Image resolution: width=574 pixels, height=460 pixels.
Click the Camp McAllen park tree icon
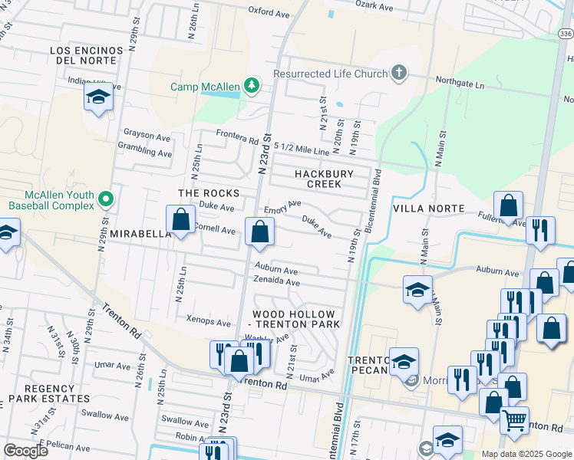251,86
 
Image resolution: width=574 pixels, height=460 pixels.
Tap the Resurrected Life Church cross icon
398,74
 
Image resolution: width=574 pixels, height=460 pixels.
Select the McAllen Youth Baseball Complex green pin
106,200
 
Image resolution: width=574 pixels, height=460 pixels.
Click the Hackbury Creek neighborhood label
325,179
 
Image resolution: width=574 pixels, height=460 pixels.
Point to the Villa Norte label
428,209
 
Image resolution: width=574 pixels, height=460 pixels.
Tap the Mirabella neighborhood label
140,233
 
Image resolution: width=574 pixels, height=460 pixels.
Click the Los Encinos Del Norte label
86,56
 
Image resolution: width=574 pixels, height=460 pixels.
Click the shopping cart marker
514,419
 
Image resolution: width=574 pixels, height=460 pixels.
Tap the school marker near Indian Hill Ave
98,97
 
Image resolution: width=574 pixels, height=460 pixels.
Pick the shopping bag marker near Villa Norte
508,205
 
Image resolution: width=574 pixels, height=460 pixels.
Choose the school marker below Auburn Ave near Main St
417,291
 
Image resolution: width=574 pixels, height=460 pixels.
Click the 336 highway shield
565,34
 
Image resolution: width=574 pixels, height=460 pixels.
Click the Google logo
25,451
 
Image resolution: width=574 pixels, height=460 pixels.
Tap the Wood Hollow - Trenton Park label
294,319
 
